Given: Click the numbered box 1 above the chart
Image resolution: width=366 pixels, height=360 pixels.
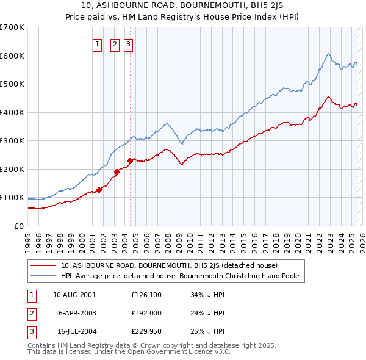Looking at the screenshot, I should (x=98, y=43).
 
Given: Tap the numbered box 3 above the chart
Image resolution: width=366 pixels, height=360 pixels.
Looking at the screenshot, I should (x=129, y=43).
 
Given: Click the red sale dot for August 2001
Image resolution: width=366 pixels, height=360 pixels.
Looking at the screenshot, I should (x=99, y=190).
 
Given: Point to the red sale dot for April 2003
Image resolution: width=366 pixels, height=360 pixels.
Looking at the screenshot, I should (x=117, y=171).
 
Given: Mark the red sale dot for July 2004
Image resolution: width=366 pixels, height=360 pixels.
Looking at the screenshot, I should (x=130, y=160).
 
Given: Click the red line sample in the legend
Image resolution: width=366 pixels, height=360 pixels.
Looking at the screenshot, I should (x=44, y=266).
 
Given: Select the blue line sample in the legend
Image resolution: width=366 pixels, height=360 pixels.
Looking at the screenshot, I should (x=44, y=276).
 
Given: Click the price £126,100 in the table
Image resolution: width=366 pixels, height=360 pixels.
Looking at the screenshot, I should (x=146, y=295).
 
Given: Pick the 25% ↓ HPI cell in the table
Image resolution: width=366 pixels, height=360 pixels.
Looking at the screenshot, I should (x=207, y=331).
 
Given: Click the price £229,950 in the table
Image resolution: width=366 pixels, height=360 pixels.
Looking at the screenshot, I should (x=146, y=331).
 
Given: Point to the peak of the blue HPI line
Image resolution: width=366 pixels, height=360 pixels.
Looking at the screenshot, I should (x=328, y=54).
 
